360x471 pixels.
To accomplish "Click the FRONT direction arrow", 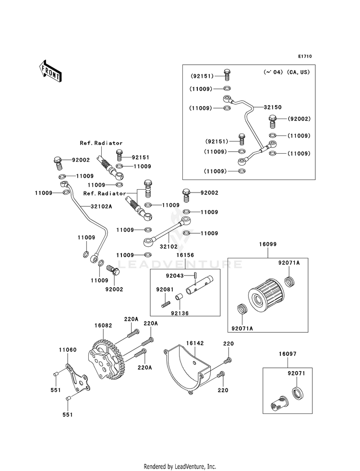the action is [50, 71].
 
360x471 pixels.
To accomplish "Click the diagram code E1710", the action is [305, 56].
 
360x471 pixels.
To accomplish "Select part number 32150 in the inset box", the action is [273, 107].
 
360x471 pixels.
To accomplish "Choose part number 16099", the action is [268, 244].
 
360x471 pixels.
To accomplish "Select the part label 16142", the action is [195, 343].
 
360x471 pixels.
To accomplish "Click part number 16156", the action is [185, 255].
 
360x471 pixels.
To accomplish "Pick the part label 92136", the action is [180, 314].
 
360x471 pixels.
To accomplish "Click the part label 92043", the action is [175, 276].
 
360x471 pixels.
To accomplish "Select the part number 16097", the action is [288, 354].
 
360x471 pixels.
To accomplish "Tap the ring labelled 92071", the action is [298, 394].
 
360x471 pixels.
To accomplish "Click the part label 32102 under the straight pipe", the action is [168, 247].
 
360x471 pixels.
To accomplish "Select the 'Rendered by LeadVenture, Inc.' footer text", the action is [180, 467].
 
